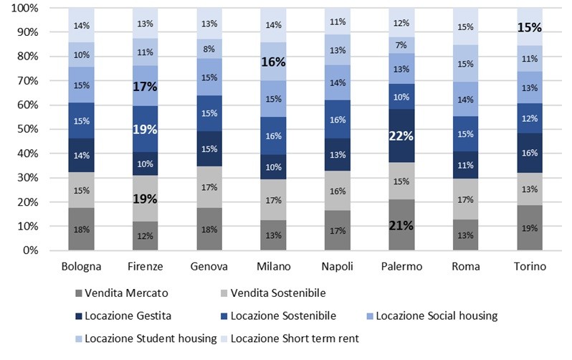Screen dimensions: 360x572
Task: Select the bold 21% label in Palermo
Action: click(x=401, y=225)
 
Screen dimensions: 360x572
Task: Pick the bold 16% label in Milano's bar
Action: click(x=273, y=62)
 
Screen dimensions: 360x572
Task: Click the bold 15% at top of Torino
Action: click(x=529, y=28)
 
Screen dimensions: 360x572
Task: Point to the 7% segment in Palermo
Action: click(x=401, y=45)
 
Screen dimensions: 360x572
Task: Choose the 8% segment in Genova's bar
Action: click(x=209, y=49)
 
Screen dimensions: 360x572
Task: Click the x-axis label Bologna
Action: click(x=82, y=267)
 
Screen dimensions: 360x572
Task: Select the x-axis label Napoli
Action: click(x=337, y=267)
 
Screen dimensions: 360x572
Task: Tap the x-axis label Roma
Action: click(x=465, y=267)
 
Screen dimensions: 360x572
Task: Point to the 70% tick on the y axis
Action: click(x=25, y=80)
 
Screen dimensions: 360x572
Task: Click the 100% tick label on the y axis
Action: click(x=23, y=8)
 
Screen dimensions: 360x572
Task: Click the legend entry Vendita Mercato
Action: click(x=123, y=292)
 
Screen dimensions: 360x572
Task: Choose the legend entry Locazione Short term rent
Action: click(x=294, y=338)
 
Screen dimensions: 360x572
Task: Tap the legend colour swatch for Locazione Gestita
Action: click(x=77, y=315)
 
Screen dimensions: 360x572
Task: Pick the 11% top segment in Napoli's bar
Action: click(x=337, y=22)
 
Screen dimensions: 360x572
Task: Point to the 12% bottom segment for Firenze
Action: click(x=146, y=236)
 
